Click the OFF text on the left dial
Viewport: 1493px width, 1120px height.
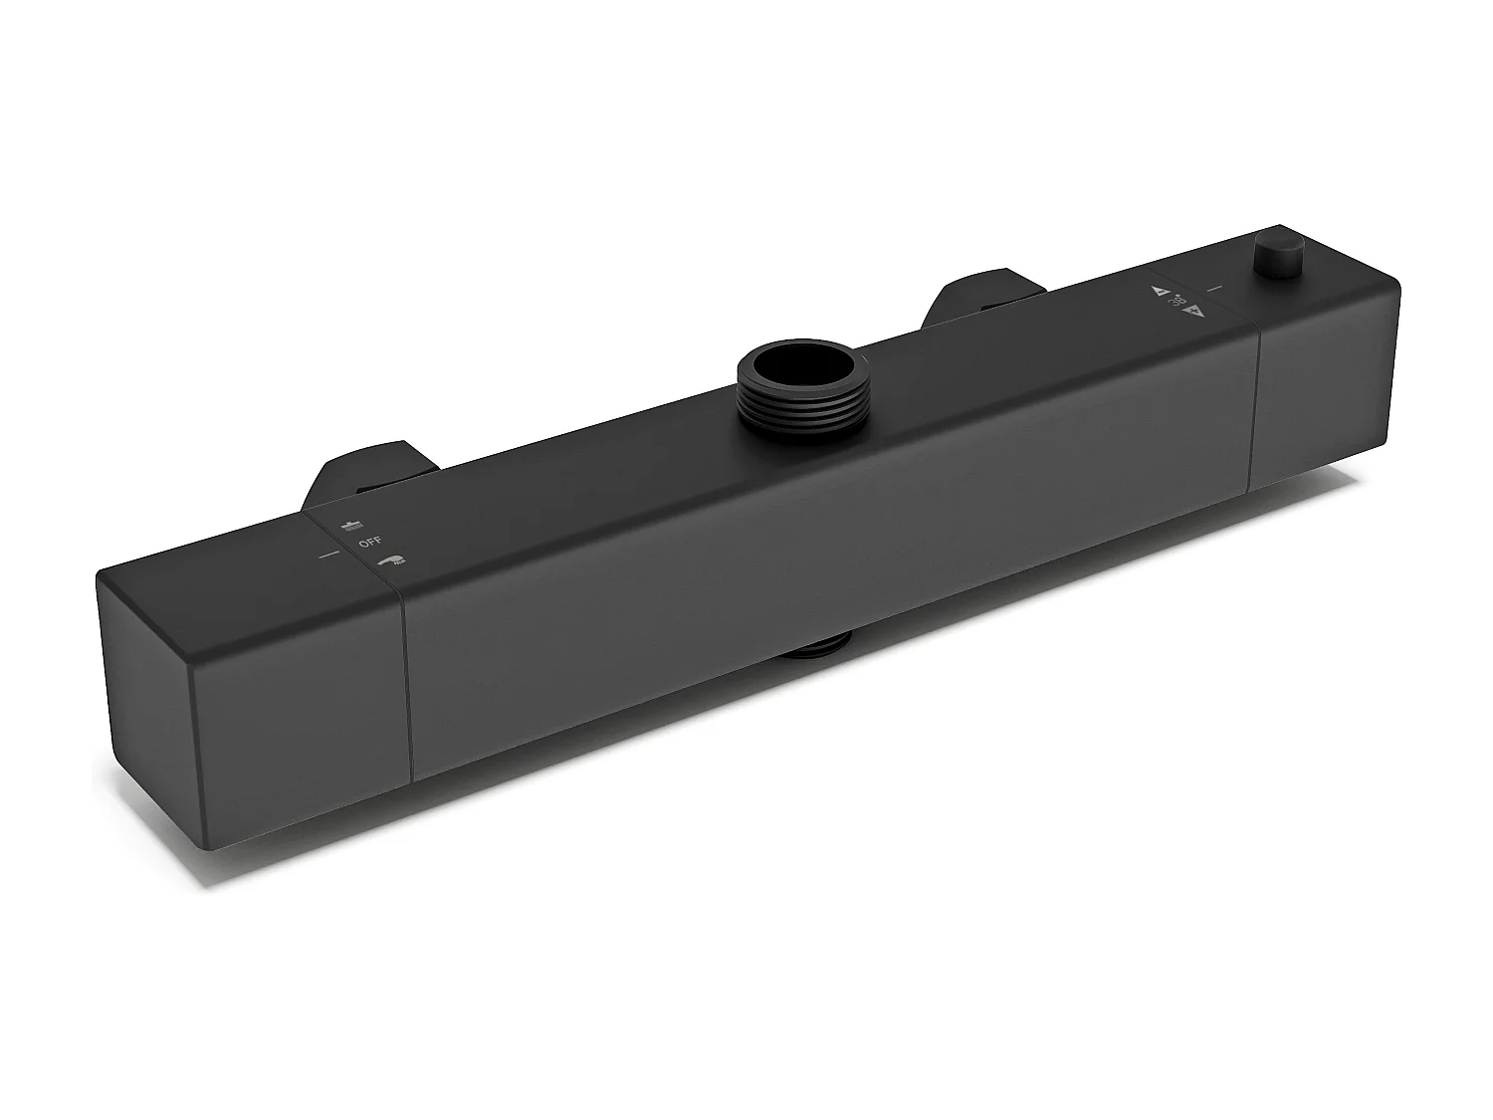pyautogui.click(x=370, y=543)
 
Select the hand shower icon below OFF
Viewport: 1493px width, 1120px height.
pyautogui.click(x=391, y=561)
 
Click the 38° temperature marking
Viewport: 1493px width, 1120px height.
pyautogui.click(x=1176, y=301)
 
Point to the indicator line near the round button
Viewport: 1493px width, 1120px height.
pyautogui.click(x=1213, y=289)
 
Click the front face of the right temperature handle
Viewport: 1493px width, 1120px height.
pyautogui.click(x=1324, y=398)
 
